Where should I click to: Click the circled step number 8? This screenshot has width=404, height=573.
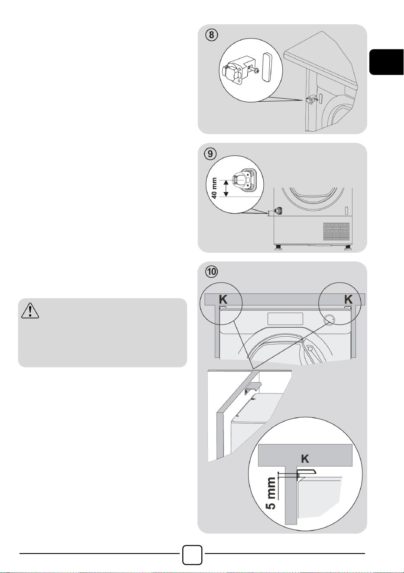point(211,35)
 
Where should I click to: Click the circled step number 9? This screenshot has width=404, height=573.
point(210,154)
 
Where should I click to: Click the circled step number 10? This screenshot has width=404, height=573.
point(211,272)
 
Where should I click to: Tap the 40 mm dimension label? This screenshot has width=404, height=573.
point(214,188)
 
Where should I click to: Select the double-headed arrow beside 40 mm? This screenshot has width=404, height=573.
point(226,188)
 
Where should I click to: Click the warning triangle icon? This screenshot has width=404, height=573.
point(30,310)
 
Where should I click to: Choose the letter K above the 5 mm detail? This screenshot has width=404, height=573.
point(305,459)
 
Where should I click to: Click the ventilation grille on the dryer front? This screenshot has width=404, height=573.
point(336,231)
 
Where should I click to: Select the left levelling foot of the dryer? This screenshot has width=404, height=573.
point(278,248)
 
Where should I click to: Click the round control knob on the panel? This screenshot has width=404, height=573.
point(329,319)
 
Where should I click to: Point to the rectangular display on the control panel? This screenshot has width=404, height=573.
point(285,319)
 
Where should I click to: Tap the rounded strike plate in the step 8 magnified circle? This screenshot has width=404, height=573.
point(268,67)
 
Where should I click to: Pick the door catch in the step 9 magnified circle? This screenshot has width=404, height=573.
point(242,179)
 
